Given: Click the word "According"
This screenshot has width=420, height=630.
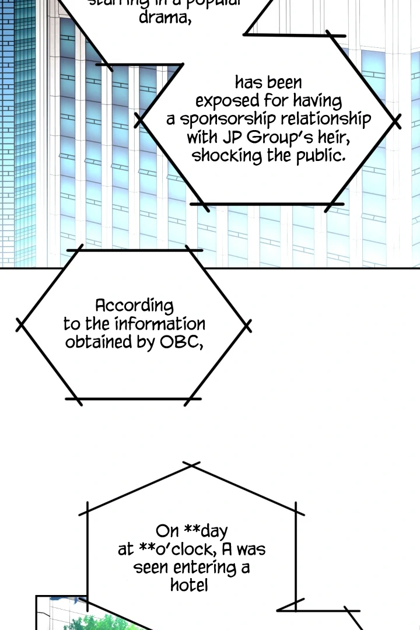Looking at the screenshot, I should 134,306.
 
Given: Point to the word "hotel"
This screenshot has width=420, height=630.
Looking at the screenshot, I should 189,585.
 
